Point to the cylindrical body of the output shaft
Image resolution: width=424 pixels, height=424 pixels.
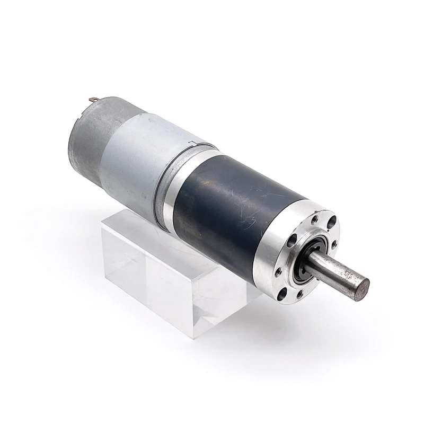[334, 270]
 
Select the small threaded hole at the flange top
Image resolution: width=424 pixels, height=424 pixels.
[315, 218]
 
